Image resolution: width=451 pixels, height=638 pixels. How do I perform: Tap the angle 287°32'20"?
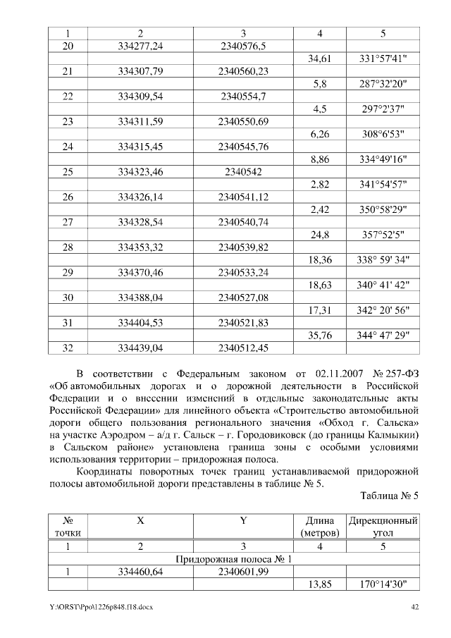point(383,84)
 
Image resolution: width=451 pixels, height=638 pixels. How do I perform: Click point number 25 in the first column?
point(68,171)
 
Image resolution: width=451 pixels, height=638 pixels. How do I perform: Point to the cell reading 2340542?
point(243,171)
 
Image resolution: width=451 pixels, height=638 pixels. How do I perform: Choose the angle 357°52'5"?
point(383,235)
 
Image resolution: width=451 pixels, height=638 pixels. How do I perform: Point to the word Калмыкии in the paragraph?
point(393,440)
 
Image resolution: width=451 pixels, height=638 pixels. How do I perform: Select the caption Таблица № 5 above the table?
point(390,495)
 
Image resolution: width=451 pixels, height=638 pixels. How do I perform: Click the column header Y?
point(243,520)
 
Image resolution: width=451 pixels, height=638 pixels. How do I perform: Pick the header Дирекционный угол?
point(383,527)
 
